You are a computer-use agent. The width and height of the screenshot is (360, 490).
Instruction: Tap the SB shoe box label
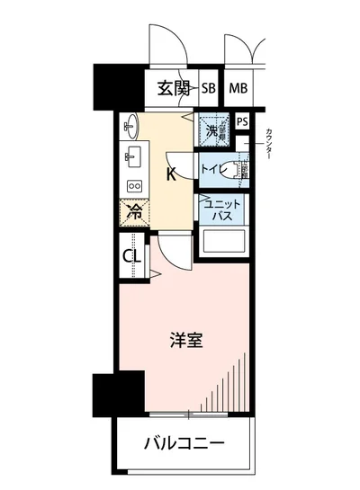208,88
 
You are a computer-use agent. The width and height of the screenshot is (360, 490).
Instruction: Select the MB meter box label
238,88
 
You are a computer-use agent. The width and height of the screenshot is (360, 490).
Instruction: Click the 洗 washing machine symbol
212,131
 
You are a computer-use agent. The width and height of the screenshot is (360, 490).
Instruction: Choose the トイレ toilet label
213,168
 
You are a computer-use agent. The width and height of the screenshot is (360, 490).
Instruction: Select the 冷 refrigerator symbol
133,213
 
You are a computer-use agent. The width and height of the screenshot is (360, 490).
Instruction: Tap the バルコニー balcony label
184,443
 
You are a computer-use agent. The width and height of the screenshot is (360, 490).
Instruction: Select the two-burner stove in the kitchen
133,185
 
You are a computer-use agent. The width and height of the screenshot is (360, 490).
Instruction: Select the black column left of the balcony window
105,392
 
